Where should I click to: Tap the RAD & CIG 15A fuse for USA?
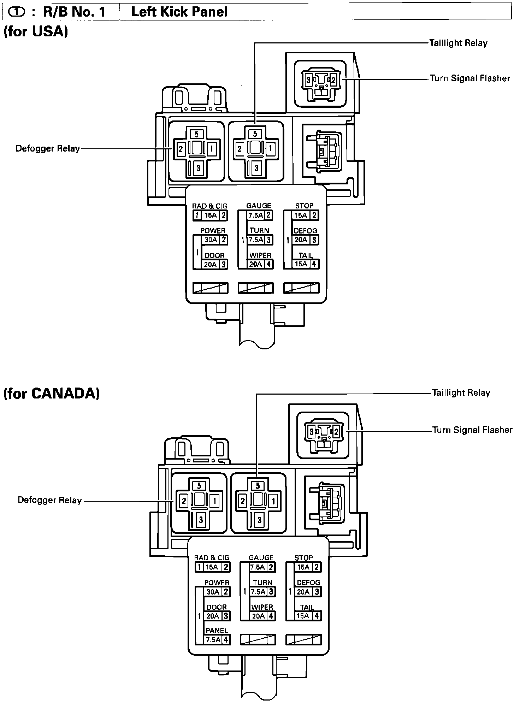(x=210, y=215)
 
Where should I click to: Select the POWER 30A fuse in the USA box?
(x=211, y=240)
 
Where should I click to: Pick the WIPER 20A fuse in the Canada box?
(x=258, y=616)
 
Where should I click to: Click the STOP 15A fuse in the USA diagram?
(x=301, y=215)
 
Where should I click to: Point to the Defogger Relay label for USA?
(x=48, y=148)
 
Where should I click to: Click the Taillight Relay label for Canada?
(x=461, y=392)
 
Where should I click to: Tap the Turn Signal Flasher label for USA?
(x=470, y=78)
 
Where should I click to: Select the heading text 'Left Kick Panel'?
(x=179, y=12)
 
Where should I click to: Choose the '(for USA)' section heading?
(x=36, y=32)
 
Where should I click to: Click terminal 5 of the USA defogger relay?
(x=197, y=134)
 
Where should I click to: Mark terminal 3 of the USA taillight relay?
(x=257, y=168)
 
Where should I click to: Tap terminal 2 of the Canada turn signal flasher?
(x=336, y=431)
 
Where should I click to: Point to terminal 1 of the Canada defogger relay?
(x=214, y=501)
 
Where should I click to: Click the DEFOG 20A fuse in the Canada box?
(x=303, y=592)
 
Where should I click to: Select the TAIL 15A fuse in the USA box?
(x=301, y=264)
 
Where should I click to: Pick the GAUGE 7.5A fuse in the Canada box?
(x=258, y=567)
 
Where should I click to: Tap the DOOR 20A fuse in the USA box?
(x=211, y=264)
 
